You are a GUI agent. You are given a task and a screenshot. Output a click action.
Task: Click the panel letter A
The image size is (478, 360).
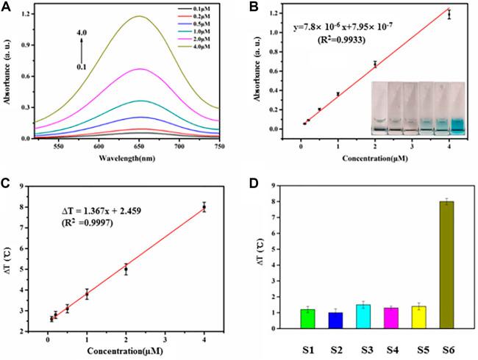coord(9,7)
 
